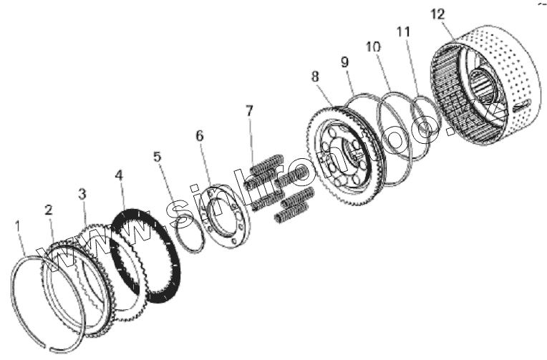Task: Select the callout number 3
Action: click(82, 193)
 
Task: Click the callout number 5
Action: click(158, 157)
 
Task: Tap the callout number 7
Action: click(249, 111)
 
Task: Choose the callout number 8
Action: click(314, 77)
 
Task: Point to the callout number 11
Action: click(404, 31)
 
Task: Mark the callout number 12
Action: click(438, 14)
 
